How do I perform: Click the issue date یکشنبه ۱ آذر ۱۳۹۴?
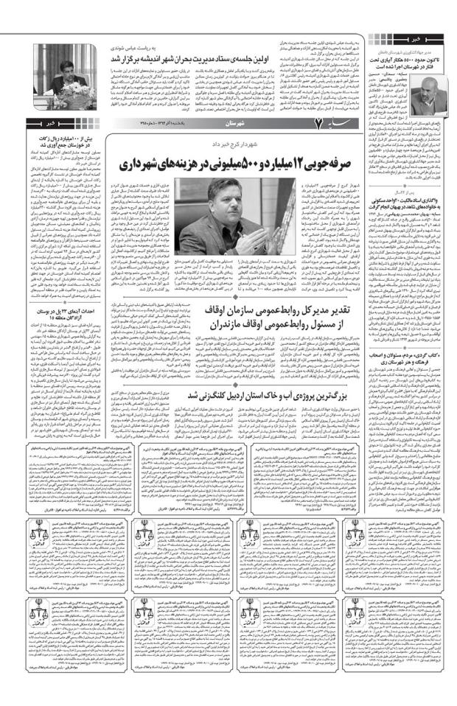click(157, 123)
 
